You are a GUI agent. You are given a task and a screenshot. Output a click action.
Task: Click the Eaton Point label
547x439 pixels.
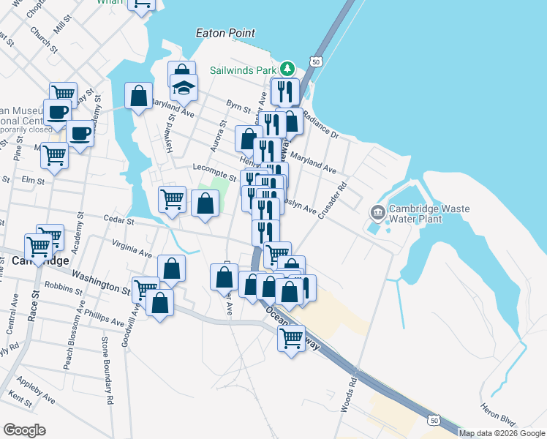[226, 33]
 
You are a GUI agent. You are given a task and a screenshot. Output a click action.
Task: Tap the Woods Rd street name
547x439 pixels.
[352, 393]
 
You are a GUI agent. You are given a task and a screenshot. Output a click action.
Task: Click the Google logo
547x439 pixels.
[24, 430]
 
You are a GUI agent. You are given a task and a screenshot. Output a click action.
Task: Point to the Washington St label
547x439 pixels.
[101, 281]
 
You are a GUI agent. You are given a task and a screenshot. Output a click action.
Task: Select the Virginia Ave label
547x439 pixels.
[132, 249]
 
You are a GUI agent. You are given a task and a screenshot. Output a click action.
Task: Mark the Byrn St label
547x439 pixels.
[238, 108]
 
